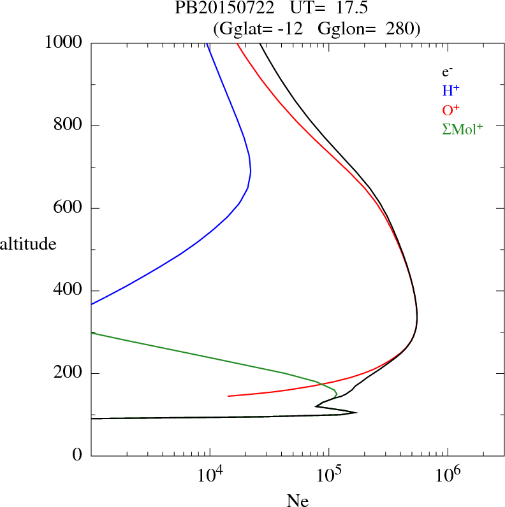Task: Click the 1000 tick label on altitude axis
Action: pos(64,43)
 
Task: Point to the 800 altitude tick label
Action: pos(68,125)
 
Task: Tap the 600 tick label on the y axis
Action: pos(68,208)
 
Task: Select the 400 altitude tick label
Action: pos(68,290)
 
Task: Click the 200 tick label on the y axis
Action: pos(68,373)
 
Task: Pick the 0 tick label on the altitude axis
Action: pos(78,456)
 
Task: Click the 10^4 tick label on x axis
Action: pos(210,475)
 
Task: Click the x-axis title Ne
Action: pos(297,500)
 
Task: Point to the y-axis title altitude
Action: pos(28,243)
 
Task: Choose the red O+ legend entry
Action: pos(451,109)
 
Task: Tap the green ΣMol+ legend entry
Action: pos(462,129)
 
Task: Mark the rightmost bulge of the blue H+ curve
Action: pos(251,171)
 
